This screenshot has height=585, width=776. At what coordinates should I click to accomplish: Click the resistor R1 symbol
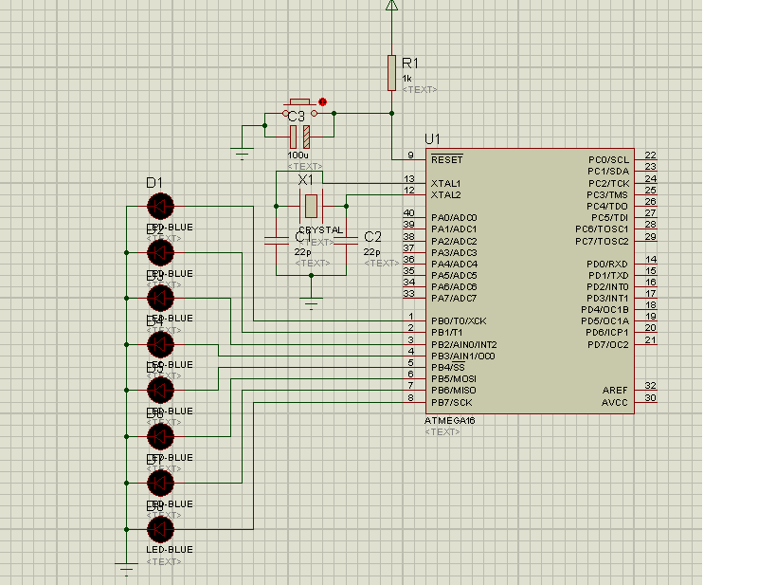[391, 73]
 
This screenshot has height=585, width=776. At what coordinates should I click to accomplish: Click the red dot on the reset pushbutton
[323, 101]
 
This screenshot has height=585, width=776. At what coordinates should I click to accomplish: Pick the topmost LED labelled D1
[160, 206]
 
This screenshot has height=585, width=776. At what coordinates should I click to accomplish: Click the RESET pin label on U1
[446, 160]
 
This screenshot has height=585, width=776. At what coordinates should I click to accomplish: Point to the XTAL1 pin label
[445, 183]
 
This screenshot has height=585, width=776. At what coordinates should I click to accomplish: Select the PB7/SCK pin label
[451, 402]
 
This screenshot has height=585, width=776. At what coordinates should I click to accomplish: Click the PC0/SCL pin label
[608, 160]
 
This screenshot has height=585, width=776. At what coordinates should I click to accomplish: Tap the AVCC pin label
[615, 402]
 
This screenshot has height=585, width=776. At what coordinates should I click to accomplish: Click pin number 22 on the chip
[650, 155]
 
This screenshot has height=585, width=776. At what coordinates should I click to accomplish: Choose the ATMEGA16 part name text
[449, 420]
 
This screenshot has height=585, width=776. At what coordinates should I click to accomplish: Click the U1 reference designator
[432, 138]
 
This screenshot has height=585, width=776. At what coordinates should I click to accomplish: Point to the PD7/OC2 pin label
[607, 344]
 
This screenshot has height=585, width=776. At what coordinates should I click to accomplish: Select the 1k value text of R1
[406, 79]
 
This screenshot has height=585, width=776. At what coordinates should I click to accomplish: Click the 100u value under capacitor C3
[298, 155]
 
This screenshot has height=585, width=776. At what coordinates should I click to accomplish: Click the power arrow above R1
[391, 5]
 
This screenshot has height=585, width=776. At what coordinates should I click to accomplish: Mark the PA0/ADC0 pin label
[454, 218]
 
